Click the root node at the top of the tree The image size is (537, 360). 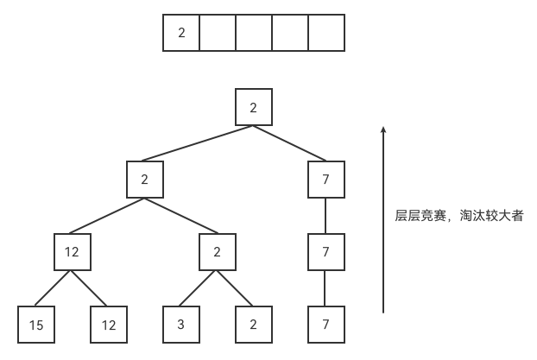click(254, 107)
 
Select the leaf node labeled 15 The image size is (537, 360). click(36, 325)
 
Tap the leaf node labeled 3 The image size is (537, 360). click(181, 325)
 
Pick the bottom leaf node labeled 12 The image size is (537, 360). click(109, 325)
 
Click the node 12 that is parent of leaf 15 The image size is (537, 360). click(73, 252)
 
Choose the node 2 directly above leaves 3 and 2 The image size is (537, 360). click(218, 252)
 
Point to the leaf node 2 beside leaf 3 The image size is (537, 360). click(254, 325)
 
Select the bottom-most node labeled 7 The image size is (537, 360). click(326, 325)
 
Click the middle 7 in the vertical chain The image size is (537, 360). click(326, 252)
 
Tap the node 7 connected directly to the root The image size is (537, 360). click(326, 180)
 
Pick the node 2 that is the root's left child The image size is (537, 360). click(145, 180)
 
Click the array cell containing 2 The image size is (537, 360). click(181, 33)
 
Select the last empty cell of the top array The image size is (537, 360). click(326, 33)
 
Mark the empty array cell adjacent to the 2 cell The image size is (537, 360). click(218, 33)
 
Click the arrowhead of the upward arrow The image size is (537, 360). click(383, 129)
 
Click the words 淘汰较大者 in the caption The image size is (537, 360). click(491, 216)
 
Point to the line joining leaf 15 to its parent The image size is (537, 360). click(53, 288)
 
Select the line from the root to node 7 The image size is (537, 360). click(290, 143)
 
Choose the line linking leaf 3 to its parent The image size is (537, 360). click(198, 288)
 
